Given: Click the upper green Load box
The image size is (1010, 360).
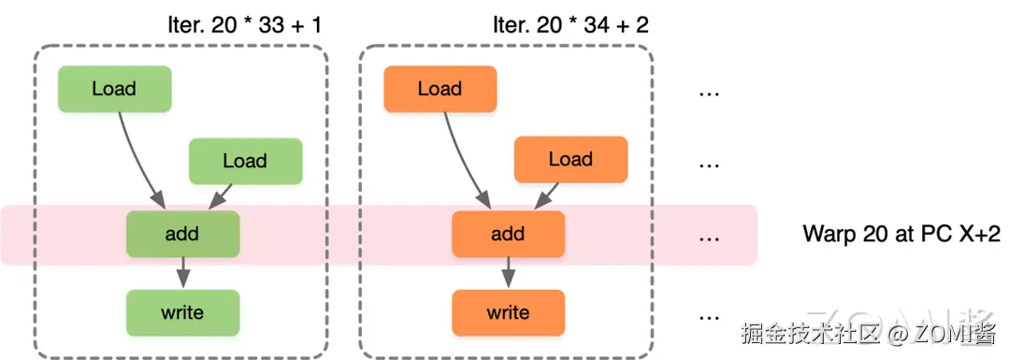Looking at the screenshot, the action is (x=115, y=88).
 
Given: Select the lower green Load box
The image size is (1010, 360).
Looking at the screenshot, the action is (x=245, y=161).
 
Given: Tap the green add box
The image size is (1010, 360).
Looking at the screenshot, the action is (x=183, y=234).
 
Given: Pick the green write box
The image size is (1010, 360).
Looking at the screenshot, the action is (x=183, y=313).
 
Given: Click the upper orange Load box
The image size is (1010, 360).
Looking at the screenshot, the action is (x=440, y=88).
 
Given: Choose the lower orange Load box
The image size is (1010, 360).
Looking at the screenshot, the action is (x=570, y=160).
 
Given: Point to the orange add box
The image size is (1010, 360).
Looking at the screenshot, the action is (x=508, y=234).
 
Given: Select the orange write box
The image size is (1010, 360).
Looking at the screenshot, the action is (x=508, y=313).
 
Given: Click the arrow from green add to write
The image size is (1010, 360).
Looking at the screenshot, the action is (x=183, y=272).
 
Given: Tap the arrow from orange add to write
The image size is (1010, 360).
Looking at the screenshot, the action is (x=508, y=272).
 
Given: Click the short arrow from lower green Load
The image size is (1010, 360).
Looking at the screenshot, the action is (x=221, y=196).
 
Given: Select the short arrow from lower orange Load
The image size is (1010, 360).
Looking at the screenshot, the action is (x=546, y=195).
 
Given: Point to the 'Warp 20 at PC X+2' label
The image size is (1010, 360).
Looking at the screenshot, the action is (x=902, y=234).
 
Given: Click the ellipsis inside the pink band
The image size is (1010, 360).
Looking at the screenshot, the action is (x=709, y=239).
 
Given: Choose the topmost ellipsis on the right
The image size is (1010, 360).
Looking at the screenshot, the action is (x=709, y=94).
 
